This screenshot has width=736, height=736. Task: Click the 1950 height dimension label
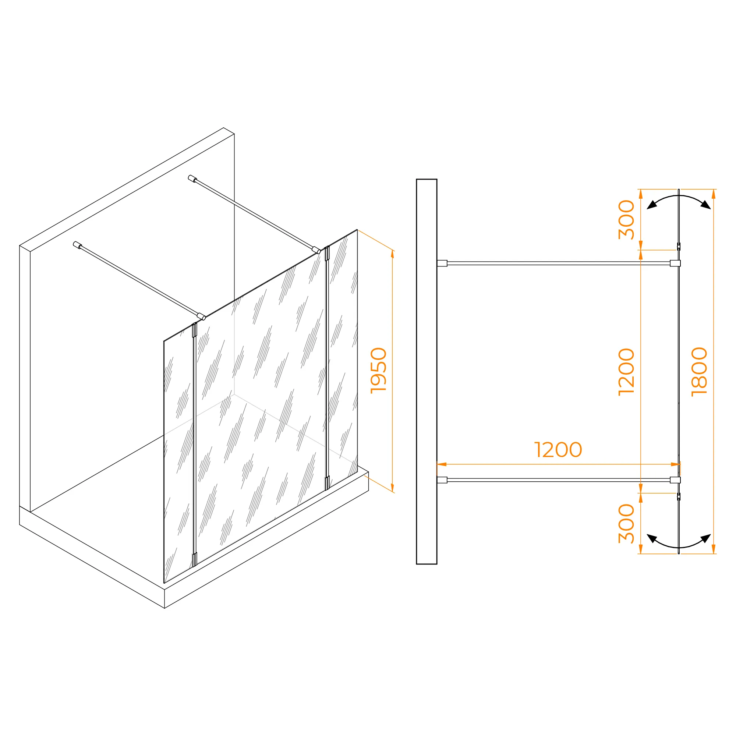tap(379, 370)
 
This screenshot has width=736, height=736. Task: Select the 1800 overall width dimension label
tap(700, 372)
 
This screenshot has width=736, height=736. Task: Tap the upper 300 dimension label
tap(626, 219)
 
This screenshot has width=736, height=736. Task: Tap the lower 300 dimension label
tap(626, 523)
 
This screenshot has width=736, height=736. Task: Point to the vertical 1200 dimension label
tap(626, 372)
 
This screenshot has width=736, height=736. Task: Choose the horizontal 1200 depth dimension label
tap(558, 450)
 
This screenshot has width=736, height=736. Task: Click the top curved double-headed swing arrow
tap(679, 199)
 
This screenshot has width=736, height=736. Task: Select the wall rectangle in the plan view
tap(426, 371)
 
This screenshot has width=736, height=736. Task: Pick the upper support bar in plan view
tap(558, 263)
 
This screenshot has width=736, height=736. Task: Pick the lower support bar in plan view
tap(558, 480)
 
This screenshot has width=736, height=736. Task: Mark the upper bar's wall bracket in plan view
tap(442, 263)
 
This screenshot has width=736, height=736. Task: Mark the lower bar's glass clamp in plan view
tap(675, 480)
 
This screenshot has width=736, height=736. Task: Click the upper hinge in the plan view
tap(679, 246)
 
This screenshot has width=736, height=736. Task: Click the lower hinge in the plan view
tap(679, 496)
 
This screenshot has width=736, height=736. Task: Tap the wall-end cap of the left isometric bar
tap(77, 245)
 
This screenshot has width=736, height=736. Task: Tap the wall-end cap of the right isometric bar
tap(192, 179)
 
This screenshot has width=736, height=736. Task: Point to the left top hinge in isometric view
tap(195, 330)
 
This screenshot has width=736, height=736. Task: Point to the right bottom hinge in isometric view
tap(327, 483)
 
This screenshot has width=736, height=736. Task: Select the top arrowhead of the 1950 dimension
tap(392, 254)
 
